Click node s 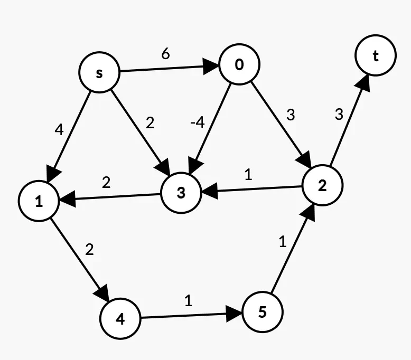click(99, 73)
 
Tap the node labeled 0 click(239, 64)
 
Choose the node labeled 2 click(322, 185)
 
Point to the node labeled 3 click(181, 193)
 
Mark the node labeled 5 click(263, 312)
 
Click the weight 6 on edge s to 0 click(165, 54)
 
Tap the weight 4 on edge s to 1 click(59, 129)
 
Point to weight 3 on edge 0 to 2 click(290, 115)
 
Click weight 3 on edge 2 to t click(339, 114)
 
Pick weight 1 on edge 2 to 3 click(248, 175)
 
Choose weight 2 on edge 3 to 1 click(106, 183)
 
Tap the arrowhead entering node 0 click(213, 67)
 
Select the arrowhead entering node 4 click(103, 294)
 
